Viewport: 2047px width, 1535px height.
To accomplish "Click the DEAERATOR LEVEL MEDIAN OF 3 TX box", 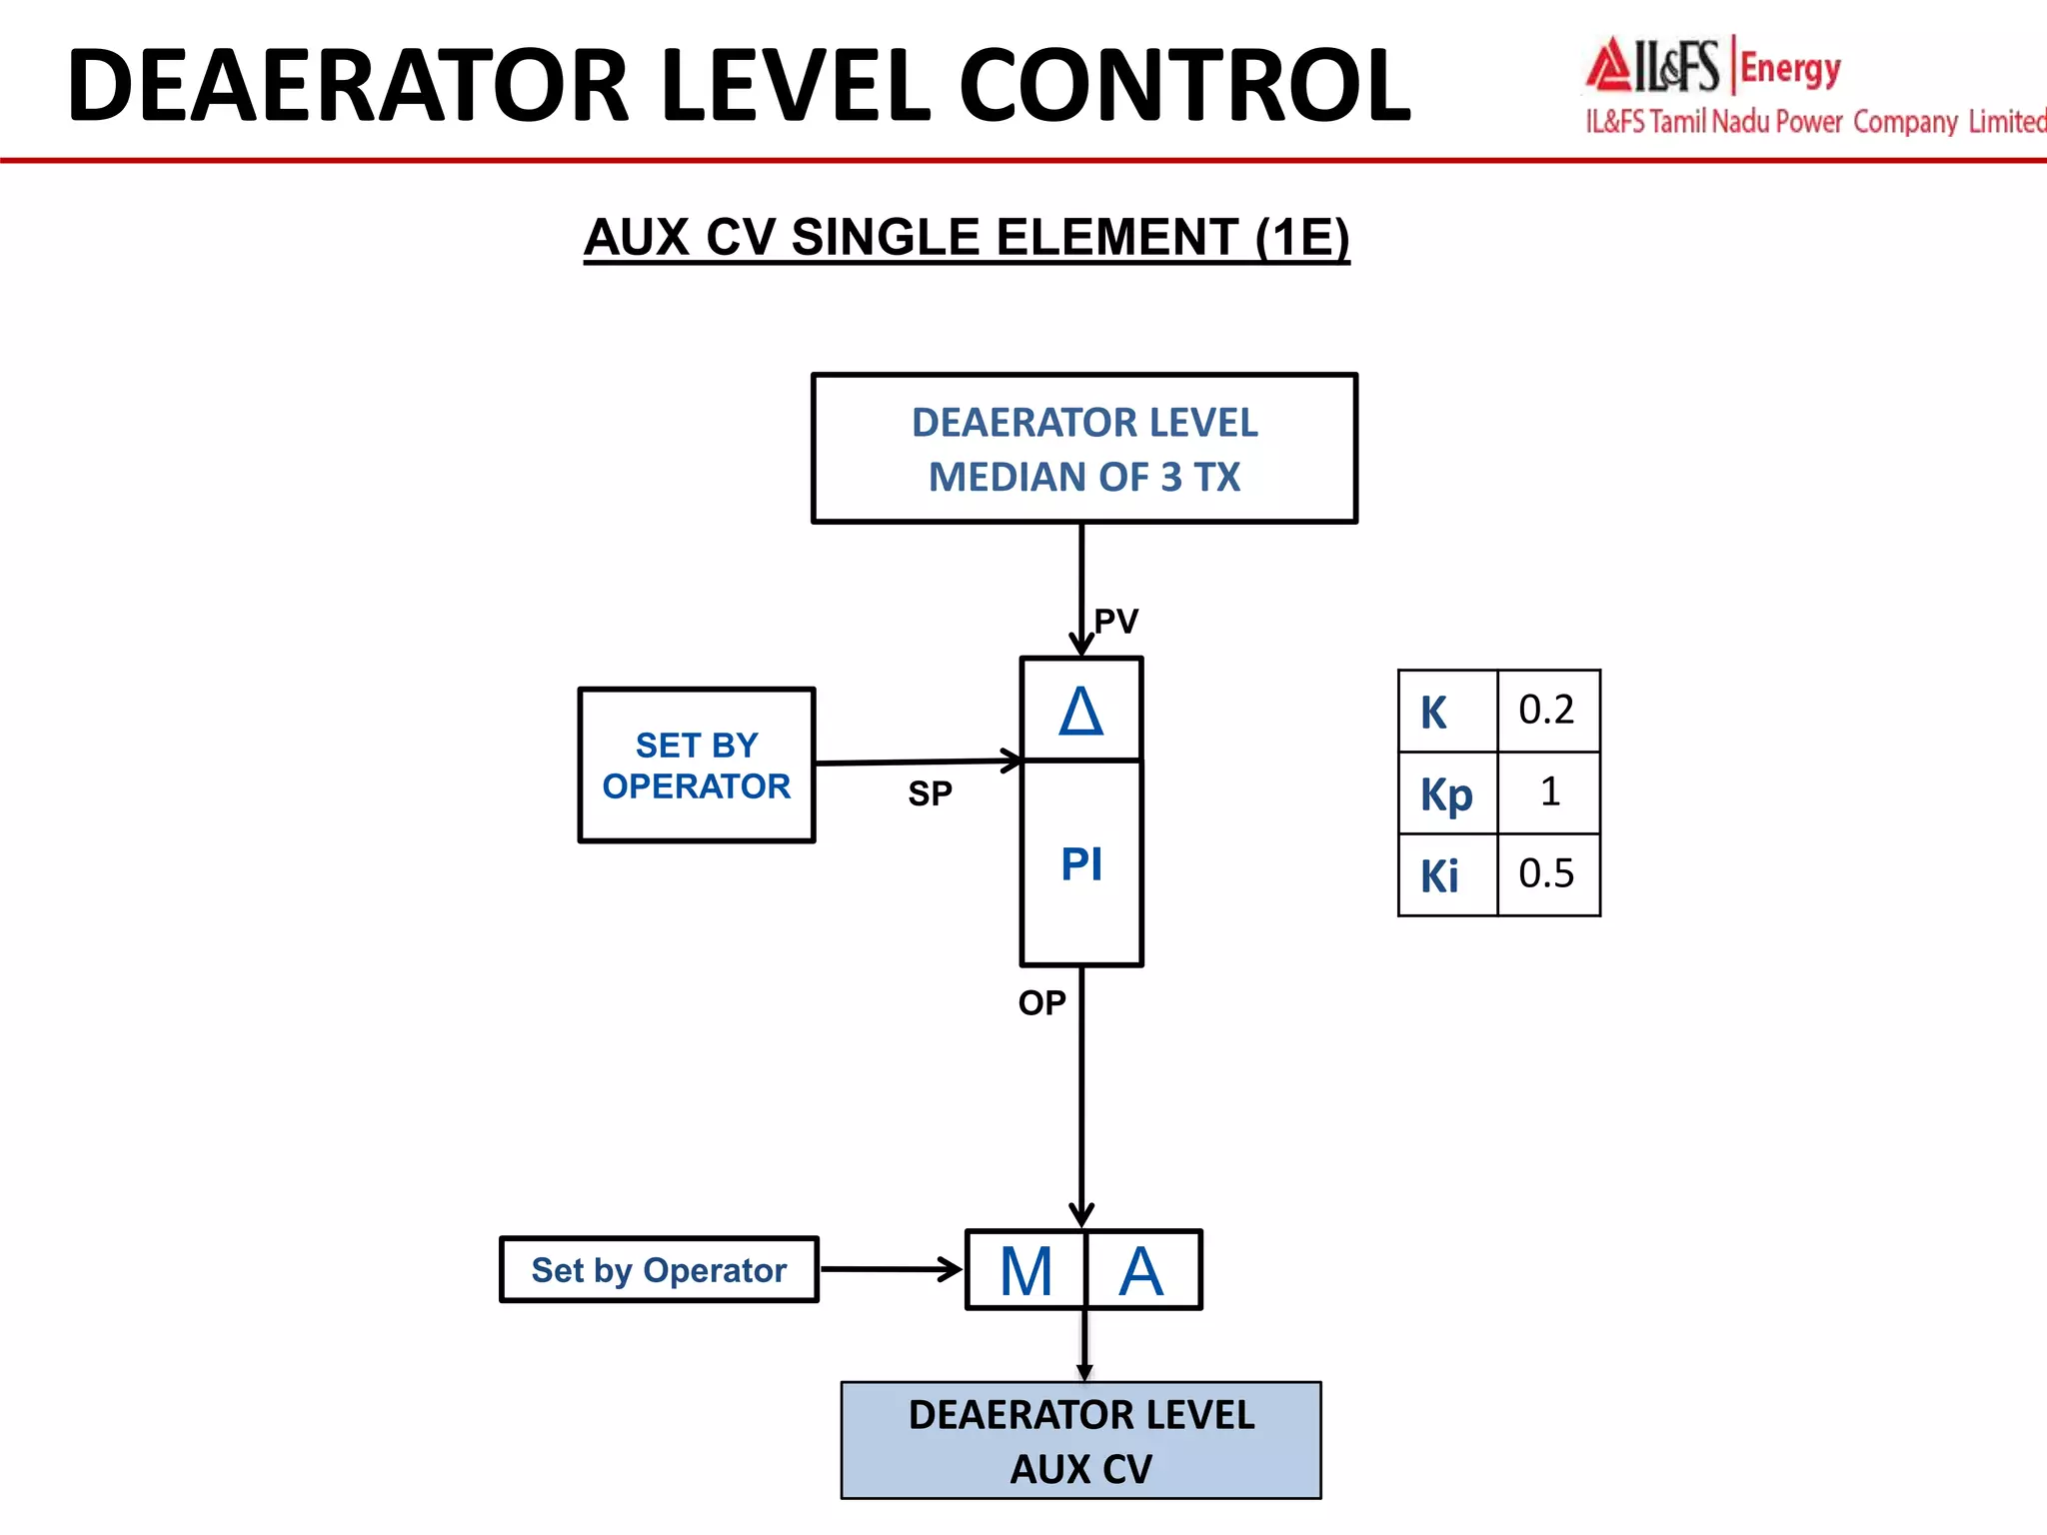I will (x=1083, y=449).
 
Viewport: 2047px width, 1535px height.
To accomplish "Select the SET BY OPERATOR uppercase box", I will (x=697, y=766).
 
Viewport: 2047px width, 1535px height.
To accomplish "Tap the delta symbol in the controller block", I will (x=1081, y=712).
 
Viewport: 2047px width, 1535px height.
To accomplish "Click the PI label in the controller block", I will (x=1081, y=864).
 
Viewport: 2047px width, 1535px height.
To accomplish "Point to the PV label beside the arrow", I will (x=1115, y=622).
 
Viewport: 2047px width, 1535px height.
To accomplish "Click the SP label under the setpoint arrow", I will (x=930, y=794).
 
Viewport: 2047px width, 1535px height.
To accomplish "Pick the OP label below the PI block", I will (x=1041, y=1003).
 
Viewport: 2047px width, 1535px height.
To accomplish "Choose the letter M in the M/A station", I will (x=1026, y=1272).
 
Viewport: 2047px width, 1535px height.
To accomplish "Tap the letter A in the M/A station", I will (x=1141, y=1272).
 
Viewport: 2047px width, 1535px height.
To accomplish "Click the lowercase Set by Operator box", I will (x=659, y=1270).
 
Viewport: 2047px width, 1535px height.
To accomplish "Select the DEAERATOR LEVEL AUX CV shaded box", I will (x=1080, y=1441).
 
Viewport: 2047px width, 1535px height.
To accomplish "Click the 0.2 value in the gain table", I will (x=1546, y=711).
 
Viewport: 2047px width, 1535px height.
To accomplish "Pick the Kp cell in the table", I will (x=1446, y=794).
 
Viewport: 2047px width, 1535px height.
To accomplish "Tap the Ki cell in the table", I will (x=1440, y=876).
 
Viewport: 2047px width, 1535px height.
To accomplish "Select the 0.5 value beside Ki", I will (x=1546, y=874).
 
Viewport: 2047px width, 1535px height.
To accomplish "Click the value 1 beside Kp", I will (x=1549, y=792).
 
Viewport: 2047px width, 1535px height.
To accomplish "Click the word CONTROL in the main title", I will (x=1184, y=88).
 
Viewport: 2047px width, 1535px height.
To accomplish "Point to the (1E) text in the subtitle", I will (x=1302, y=239).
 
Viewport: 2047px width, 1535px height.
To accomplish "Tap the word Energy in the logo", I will (x=1790, y=69).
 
